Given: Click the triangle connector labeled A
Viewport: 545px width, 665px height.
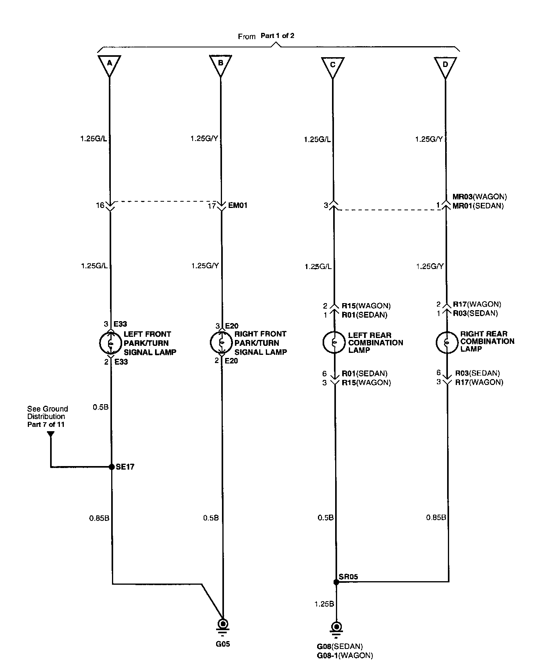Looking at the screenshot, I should pyautogui.click(x=109, y=65).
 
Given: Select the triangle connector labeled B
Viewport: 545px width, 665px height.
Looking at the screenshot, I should pyautogui.click(x=220, y=65).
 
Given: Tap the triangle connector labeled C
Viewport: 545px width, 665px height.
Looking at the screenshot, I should pyautogui.click(x=332, y=66).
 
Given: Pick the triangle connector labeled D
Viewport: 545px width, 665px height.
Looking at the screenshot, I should pyautogui.click(x=445, y=66).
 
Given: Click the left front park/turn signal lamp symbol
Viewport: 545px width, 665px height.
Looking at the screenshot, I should pyautogui.click(x=110, y=343).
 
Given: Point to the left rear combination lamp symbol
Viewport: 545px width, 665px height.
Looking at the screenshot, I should pyautogui.click(x=334, y=342).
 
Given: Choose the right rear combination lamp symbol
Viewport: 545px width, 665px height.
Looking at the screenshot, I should pyautogui.click(x=446, y=342).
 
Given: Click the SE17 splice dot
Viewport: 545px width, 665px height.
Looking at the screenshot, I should pyautogui.click(x=111, y=466).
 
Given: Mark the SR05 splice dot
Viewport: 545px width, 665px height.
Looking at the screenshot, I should pyautogui.click(x=336, y=582).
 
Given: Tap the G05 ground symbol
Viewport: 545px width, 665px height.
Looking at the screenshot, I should pyautogui.click(x=223, y=625).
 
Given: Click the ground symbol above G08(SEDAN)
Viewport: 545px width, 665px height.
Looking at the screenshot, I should pyautogui.click(x=336, y=627).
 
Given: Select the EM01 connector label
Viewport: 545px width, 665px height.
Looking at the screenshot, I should pyautogui.click(x=237, y=206).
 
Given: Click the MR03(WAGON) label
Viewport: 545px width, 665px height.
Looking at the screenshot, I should pyautogui.click(x=480, y=197).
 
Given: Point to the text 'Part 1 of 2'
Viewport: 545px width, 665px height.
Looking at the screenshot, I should pyautogui.click(x=277, y=36).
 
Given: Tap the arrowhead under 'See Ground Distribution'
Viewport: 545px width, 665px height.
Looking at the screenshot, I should pyautogui.click(x=51, y=434).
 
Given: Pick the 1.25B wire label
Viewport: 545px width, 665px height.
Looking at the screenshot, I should pyautogui.click(x=324, y=604).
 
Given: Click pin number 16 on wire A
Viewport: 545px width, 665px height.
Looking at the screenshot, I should pyautogui.click(x=100, y=205).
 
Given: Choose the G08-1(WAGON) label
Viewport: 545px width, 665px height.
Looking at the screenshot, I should pyautogui.click(x=345, y=656).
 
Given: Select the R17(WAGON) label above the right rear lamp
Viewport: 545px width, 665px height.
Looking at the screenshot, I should pyautogui.click(x=477, y=304).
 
